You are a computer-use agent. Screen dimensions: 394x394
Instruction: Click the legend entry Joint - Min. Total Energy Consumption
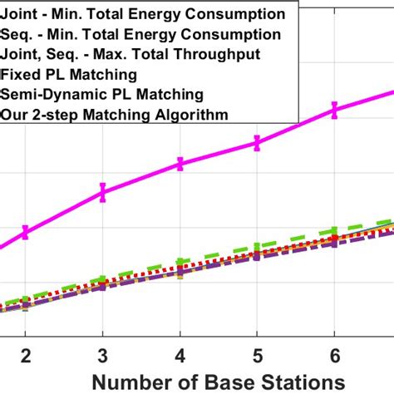click(145, 14)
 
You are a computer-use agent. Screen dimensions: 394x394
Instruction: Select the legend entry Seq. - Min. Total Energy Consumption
click(142, 35)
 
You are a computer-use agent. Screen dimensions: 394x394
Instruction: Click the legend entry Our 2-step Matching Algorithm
click(116, 115)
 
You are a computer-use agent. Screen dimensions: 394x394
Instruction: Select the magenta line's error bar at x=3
click(102, 192)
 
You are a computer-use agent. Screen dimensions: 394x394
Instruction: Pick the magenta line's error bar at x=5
click(257, 143)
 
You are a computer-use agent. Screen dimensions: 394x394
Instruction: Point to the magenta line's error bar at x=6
click(334, 109)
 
